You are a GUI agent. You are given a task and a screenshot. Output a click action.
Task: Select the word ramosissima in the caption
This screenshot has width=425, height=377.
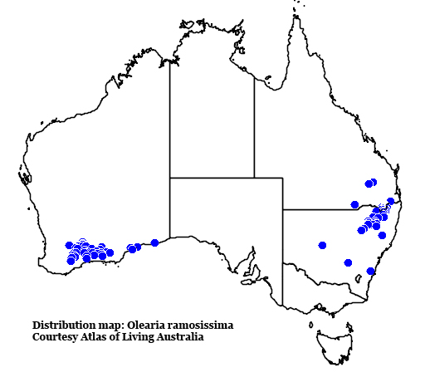199,325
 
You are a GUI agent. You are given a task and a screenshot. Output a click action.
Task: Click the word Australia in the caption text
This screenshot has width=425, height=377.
183,337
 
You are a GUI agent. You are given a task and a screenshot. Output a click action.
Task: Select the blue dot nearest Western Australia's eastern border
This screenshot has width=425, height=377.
154,242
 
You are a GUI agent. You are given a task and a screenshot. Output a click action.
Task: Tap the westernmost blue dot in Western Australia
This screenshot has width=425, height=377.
69,245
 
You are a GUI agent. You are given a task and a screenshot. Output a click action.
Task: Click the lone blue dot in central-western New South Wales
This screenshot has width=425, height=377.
322,245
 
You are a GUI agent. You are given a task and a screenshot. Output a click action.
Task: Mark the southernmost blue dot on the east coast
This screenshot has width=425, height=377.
370,271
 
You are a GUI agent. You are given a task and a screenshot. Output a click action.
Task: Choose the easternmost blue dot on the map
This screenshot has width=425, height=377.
391,201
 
